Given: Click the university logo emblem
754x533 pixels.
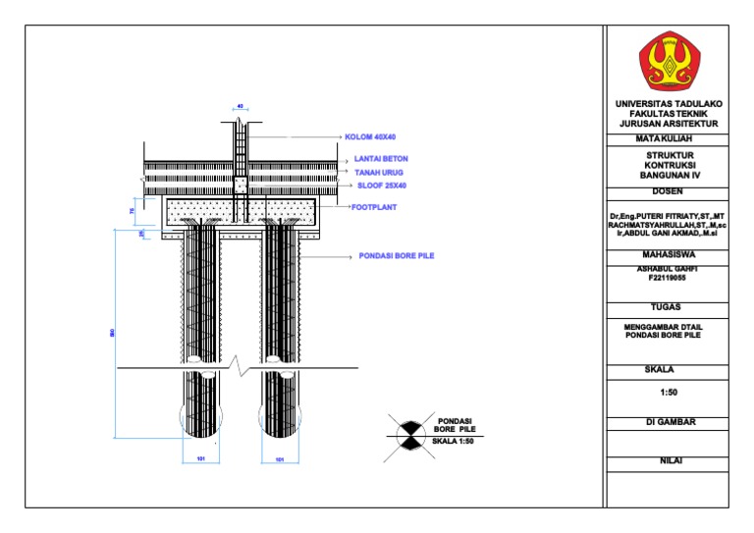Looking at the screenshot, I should click(x=667, y=61).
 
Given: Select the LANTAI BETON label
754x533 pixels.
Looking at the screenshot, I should click(x=381, y=158).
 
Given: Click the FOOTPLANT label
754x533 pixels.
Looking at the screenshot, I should click(x=373, y=207).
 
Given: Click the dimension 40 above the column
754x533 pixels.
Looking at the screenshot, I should click(x=241, y=106).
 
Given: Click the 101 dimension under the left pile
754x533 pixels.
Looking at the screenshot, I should click(x=201, y=458).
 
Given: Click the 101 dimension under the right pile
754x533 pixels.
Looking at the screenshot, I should click(x=280, y=458).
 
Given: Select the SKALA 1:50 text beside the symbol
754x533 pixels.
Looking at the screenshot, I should click(x=454, y=442).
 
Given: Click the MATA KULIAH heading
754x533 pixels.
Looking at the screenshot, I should click(x=667, y=139).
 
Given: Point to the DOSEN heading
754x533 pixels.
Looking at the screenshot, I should click(x=667, y=190).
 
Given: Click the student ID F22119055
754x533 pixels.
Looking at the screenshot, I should click(x=667, y=278).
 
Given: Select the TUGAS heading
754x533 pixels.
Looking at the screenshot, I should click(x=667, y=306).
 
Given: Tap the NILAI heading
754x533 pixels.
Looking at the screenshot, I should click(x=667, y=460).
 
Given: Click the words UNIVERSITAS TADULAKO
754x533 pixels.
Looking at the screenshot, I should click(x=667, y=103).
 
